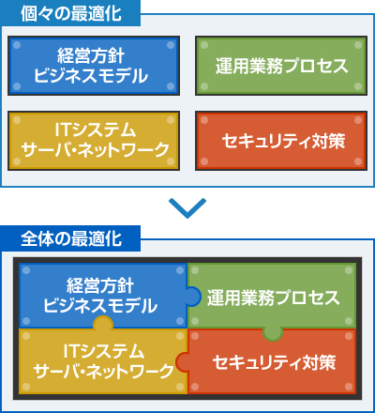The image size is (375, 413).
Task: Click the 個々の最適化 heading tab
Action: click(x=70, y=13)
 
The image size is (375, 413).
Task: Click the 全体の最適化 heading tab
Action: click(x=70, y=238)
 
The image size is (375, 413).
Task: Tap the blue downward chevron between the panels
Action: click(x=187, y=208)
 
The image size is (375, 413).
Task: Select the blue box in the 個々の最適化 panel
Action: click(x=94, y=66)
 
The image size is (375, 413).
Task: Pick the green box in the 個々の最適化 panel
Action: click(x=281, y=66)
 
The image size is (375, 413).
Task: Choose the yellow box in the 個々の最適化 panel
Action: click(x=94, y=141)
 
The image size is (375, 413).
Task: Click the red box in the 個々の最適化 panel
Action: click(x=281, y=141)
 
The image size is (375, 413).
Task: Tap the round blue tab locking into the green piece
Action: click(x=194, y=297)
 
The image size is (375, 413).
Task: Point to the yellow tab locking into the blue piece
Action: click(x=103, y=322)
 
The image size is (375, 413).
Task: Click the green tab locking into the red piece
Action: click(x=273, y=334)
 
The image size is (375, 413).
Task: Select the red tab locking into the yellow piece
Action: click(x=182, y=362)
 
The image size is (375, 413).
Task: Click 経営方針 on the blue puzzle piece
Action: click(x=100, y=285)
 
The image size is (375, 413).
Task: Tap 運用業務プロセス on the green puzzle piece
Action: click(x=273, y=298)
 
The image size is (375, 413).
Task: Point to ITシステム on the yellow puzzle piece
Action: click(x=104, y=351)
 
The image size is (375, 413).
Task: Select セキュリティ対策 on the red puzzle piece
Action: click(x=274, y=363)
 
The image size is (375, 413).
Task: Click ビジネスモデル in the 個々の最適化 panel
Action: click(x=91, y=76)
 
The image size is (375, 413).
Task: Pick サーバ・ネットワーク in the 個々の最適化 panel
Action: click(x=95, y=150)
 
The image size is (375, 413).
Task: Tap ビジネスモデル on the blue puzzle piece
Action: click(x=100, y=306)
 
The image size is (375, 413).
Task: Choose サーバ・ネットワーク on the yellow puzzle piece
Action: click(x=103, y=372)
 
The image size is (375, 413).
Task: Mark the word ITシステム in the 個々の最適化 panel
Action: click(x=96, y=130)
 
